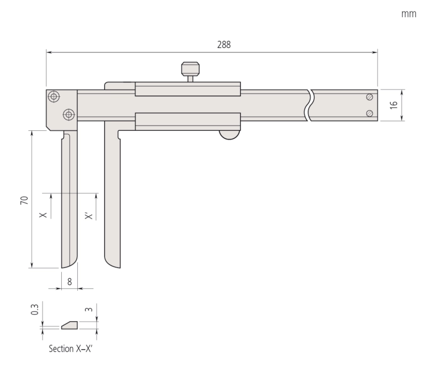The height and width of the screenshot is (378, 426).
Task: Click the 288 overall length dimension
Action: (x=224, y=45)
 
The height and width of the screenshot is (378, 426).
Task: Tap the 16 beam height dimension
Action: (x=394, y=105)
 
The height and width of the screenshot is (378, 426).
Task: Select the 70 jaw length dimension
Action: (x=24, y=200)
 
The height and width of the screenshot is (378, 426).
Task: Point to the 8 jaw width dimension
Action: (x=70, y=282)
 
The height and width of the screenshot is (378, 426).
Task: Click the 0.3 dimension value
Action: (x=35, y=309)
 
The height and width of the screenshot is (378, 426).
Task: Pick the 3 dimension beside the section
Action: (x=89, y=309)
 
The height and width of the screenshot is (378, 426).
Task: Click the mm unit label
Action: (x=408, y=14)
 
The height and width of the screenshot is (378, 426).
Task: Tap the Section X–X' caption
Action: (x=71, y=348)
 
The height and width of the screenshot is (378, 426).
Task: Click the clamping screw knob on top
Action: (x=191, y=69)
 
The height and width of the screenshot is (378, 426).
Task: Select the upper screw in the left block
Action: (x=54, y=96)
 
